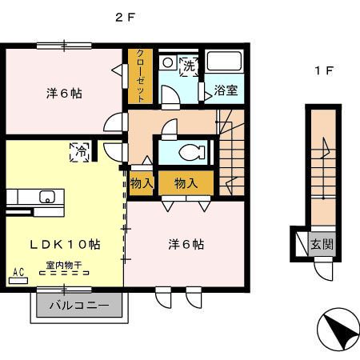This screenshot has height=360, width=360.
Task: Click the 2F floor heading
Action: pos(125,18)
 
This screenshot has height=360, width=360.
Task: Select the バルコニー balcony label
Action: pos(79,306)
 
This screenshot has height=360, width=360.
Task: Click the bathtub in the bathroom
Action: pos(226,62)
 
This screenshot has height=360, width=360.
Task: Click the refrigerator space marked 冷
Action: pos(81,150)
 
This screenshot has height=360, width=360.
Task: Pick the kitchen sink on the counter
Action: pos(45,195)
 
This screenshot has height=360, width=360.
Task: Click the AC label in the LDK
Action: pos(19,273)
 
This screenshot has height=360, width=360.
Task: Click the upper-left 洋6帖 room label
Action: pos(63,92)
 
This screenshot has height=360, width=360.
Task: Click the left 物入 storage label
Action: pos(141,183)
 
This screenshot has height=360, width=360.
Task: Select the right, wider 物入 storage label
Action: pos(186,183)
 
